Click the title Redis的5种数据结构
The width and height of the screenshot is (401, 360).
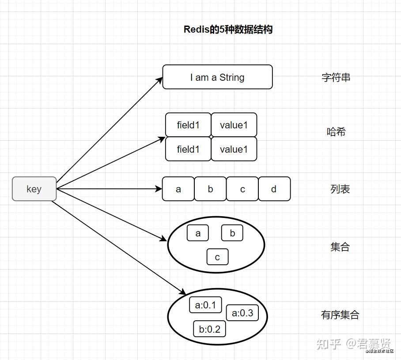click(x=228, y=30)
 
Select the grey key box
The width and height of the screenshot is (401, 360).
click(x=34, y=189)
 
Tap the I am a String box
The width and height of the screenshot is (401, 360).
click(x=217, y=77)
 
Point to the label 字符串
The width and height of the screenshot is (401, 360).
click(x=336, y=78)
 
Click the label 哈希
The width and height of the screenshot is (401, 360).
click(x=336, y=131)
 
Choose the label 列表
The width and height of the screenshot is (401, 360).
click(x=340, y=189)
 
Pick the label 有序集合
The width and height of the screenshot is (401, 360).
click(x=340, y=315)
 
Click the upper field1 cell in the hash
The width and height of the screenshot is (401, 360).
click(x=188, y=125)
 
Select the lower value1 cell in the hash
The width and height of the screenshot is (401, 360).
click(x=234, y=149)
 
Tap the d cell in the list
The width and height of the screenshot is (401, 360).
click(x=274, y=189)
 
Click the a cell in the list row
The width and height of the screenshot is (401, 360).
click(x=178, y=189)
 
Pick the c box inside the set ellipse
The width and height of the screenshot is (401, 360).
click(x=217, y=257)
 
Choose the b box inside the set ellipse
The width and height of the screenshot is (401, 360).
click(x=232, y=233)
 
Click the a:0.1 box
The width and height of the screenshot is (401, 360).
click(x=205, y=305)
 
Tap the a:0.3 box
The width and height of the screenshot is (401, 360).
click(x=242, y=313)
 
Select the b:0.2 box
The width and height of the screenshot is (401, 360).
click(x=209, y=329)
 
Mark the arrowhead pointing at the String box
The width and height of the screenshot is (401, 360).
click(x=160, y=80)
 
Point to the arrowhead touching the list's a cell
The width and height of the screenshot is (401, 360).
click(x=159, y=189)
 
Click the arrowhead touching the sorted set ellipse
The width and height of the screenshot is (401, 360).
click(x=182, y=292)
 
